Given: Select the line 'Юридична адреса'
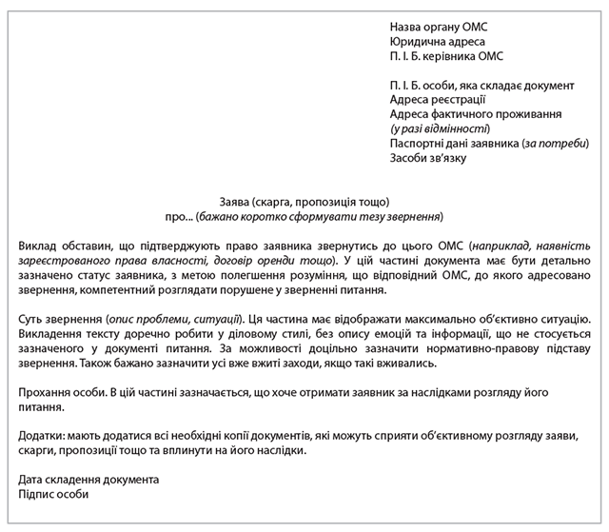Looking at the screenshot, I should [437, 42].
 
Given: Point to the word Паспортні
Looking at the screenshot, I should [420, 143].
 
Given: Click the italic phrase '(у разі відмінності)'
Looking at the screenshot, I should [439, 128].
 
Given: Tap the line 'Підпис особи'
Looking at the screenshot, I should [53, 494].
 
